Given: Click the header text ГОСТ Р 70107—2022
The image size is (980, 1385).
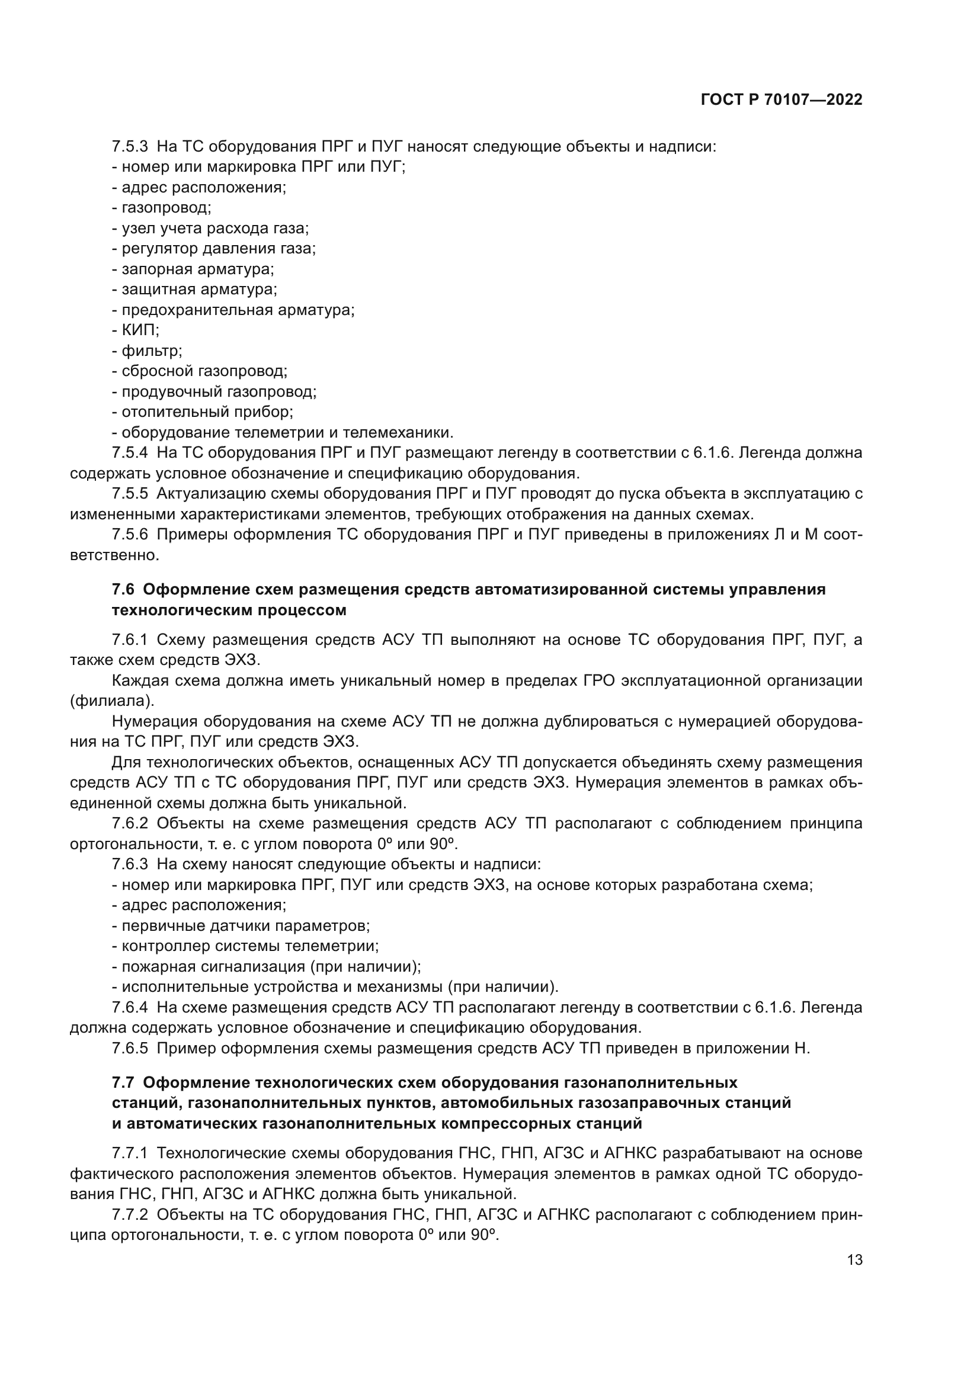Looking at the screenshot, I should click(x=781, y=100).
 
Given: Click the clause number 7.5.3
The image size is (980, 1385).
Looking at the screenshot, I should click(x=130, y=147).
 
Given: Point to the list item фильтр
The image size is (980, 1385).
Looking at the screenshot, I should click(x=152, y=351).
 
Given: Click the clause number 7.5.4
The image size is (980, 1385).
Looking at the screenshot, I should click(x=130, y=452).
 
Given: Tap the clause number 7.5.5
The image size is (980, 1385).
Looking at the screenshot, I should click(x=130, y=493).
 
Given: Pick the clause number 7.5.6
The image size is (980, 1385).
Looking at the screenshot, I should click(x=130, y=535).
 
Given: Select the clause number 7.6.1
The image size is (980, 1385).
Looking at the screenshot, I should click(x=130, y=640).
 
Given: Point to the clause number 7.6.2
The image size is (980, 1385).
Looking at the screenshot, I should click(x=130, y=824).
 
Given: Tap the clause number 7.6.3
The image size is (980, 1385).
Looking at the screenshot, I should click(x=130, y=865).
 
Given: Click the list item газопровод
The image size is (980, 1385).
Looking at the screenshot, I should click(x=166, y=208).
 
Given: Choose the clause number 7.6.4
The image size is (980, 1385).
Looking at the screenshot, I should click(x=130, y=1007).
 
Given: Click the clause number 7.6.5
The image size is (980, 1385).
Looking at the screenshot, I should click(x=130, y=1049).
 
